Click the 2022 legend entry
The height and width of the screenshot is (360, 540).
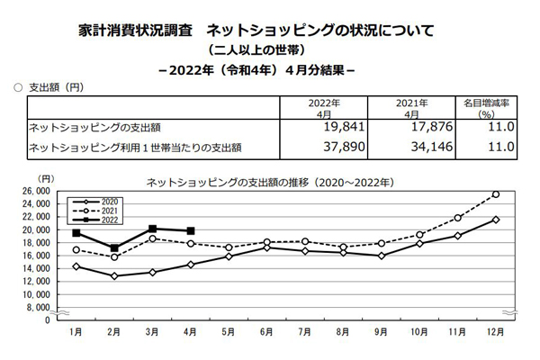click(x=103, y=219)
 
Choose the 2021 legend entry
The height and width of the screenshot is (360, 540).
click(x=103, y=210)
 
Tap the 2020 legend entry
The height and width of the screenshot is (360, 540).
click(x=103, y=201)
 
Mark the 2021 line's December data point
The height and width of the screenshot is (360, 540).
click(x=496, y=193)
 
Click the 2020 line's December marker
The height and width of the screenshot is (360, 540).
click(x=496, y=220)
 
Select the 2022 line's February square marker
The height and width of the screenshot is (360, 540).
click(x=114, y=248)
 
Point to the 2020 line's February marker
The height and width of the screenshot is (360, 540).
click(x=114, y=275)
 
